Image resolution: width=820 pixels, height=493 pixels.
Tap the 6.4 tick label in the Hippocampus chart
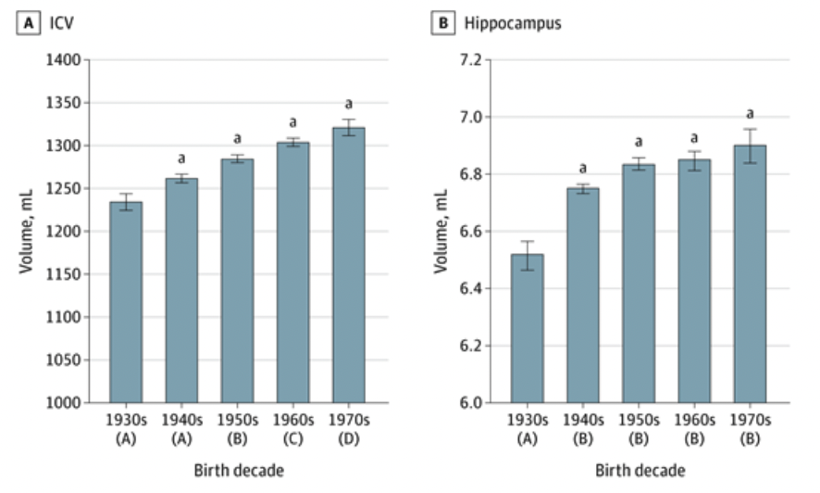coord(469,289)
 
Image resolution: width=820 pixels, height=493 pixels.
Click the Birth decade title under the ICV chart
coord(238,470)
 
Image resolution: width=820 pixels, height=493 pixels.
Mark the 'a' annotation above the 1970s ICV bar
coord(349,104)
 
